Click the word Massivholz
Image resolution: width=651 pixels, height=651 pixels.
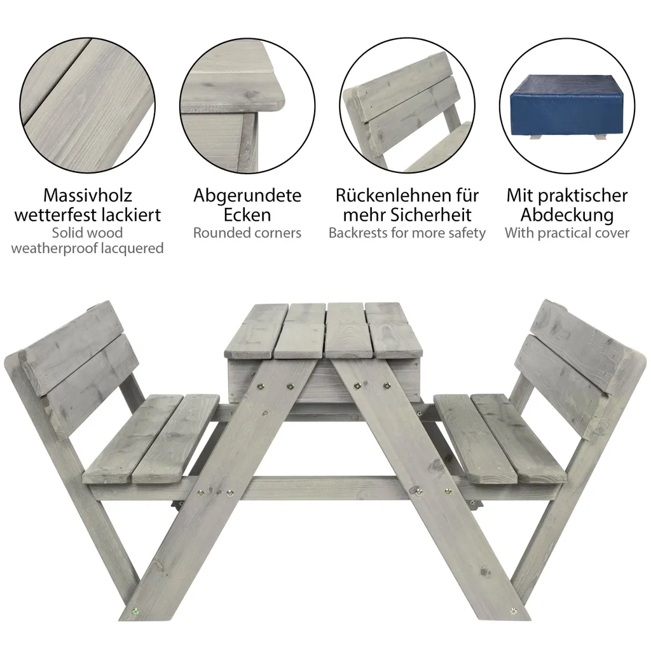click(88, 196)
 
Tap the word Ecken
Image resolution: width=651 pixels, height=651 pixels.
click(247, 215)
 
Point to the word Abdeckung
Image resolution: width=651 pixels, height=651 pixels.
click(567, 215)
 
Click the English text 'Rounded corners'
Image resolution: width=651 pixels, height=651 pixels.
click(247, 233)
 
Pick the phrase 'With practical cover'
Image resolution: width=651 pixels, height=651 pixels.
click(567, 233)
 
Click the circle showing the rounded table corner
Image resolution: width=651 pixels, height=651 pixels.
click(247, 106)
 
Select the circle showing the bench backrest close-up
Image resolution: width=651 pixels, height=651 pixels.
click(407, 106)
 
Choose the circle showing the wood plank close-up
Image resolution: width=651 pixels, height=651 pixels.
click(88, 106)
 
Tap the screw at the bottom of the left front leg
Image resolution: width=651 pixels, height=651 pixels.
click(135, 612)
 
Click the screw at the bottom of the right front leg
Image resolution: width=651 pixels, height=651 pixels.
click(513, 610)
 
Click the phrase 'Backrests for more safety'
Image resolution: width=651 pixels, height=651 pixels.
click(407, 233)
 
